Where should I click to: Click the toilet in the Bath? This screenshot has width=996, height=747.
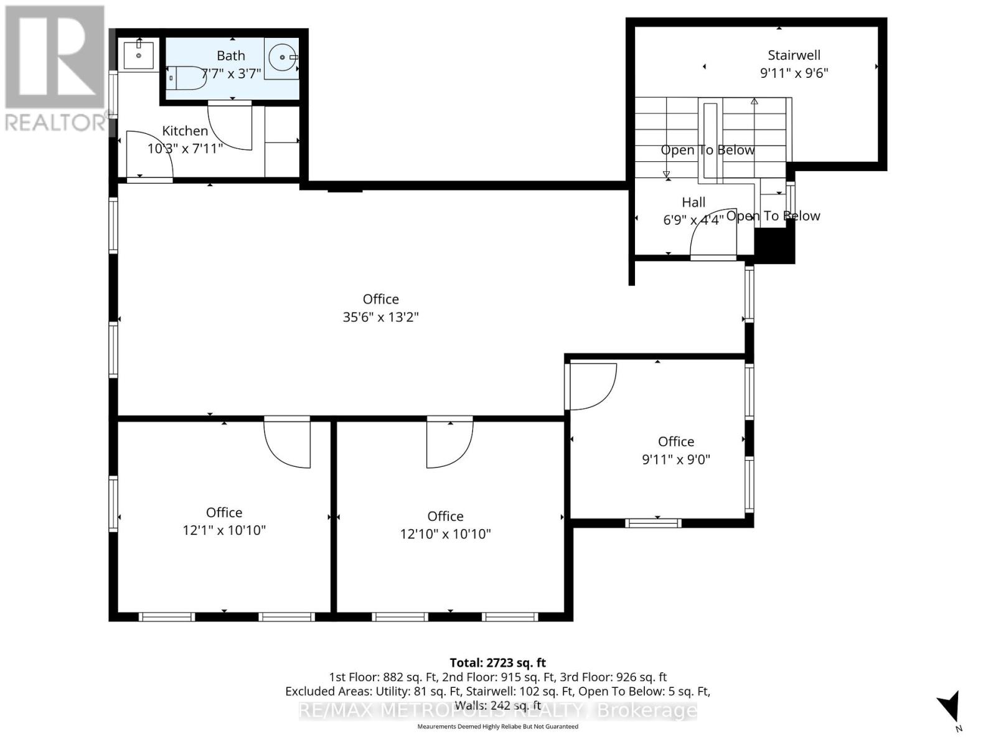pos(189,78)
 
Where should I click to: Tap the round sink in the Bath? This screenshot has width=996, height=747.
pos(282,58)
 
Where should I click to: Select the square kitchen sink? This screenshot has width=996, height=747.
pos(139,55)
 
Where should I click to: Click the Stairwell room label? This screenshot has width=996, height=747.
pos(794,55)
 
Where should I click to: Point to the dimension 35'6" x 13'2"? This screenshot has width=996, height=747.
pos(380,317)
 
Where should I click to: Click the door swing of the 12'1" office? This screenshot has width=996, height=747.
pos(288,443)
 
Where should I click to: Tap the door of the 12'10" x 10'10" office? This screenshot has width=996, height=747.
pos(449,443)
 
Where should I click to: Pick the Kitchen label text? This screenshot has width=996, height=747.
pos(185,131)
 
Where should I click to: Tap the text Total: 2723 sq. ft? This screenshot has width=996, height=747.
pos(497,663)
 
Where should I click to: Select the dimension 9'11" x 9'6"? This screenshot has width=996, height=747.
pos(794,73)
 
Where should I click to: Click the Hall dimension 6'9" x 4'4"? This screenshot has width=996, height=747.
pos(693,220)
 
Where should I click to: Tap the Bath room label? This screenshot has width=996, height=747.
pos(231,55)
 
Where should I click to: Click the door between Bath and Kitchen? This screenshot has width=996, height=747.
pos(230,125)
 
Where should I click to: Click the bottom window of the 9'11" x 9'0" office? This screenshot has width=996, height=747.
pos(653,523)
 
